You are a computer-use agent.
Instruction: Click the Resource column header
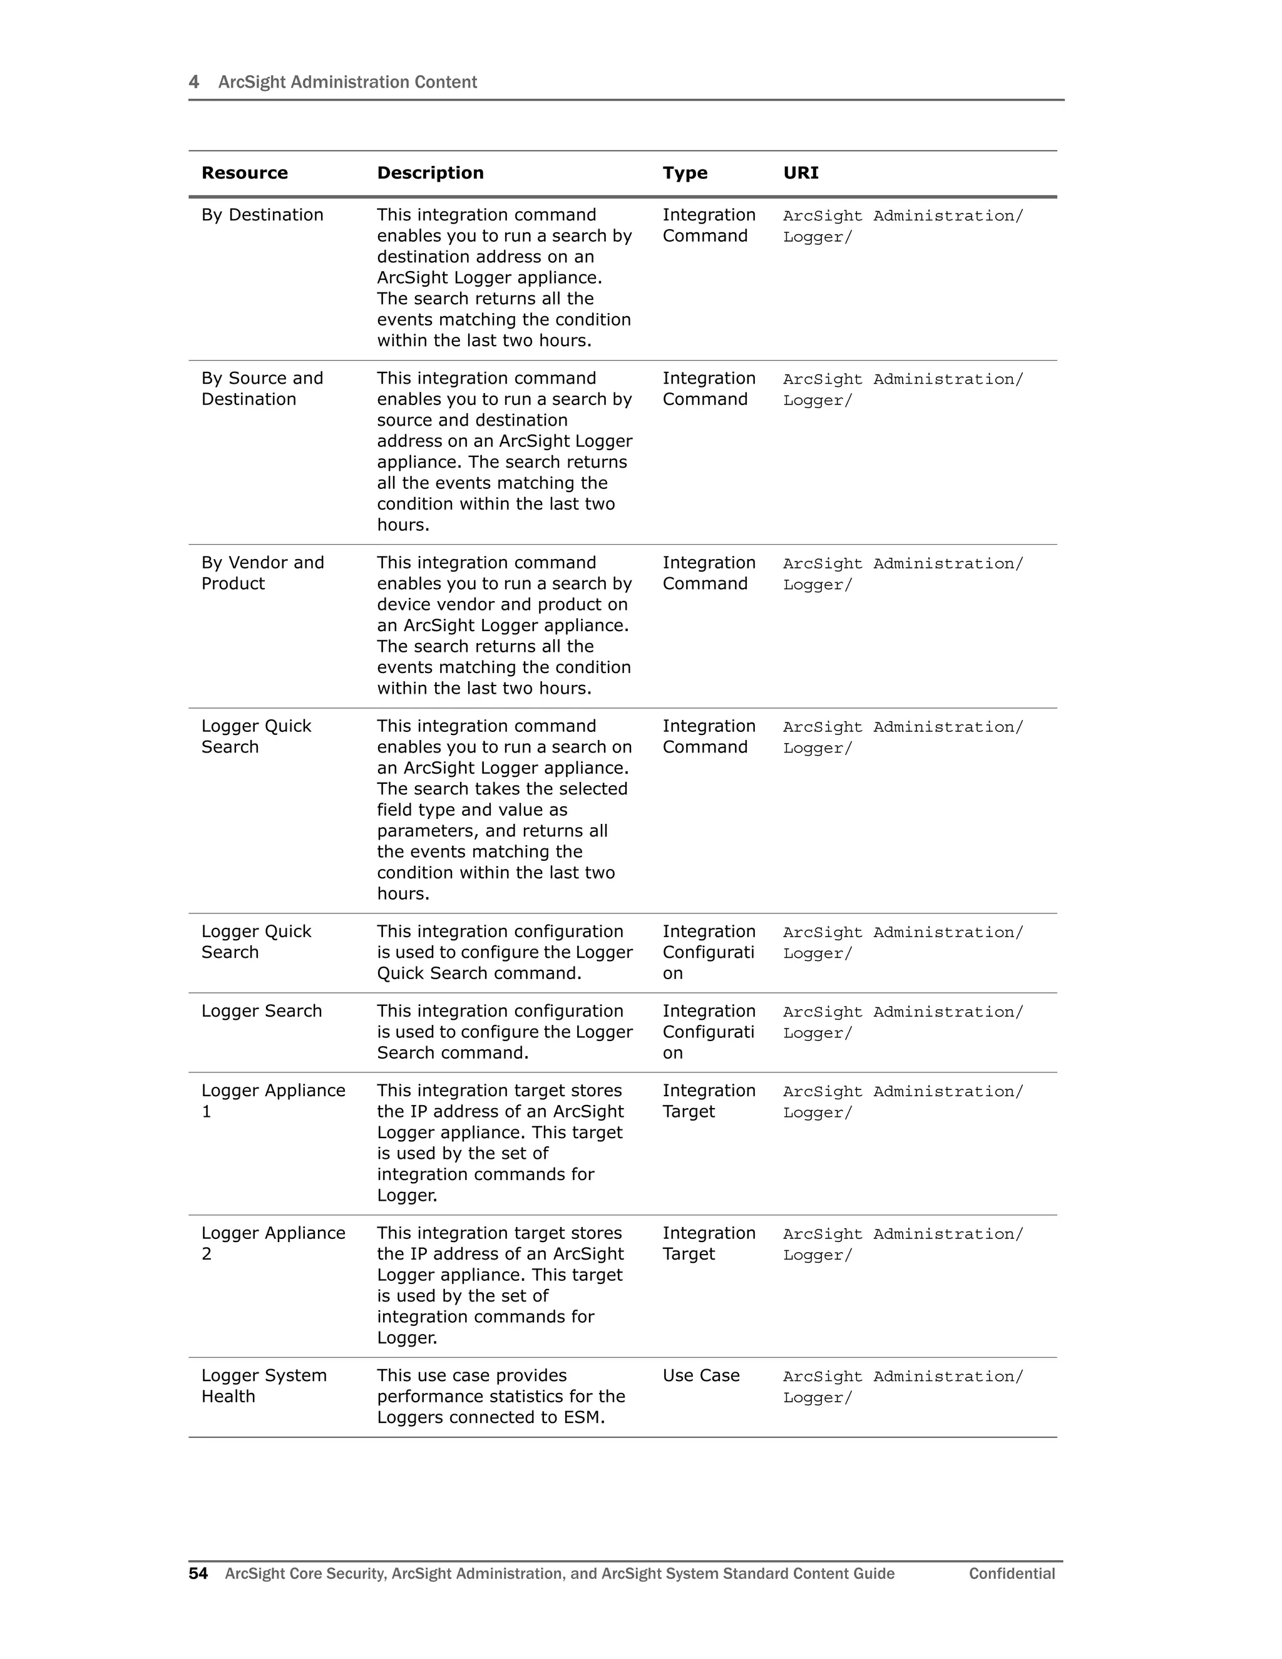click(x=245, y=173)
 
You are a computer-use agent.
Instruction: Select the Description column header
click(x=430, y=173)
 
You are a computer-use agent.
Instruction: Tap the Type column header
click(x=684, y=173)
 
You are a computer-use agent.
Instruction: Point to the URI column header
click(x=801, y=173)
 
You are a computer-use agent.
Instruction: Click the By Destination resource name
click(x=262, y=215)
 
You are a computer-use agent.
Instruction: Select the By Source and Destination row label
click(x=262, y=389)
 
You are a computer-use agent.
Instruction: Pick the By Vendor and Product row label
click(x=262, y=573)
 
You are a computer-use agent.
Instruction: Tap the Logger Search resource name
click(x=261, y=1011)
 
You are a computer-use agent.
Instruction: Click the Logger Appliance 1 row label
click(x=273, y=1101)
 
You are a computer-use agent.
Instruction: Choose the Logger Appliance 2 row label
click(x=273, y=1243)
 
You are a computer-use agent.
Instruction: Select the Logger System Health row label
click(x=264, y=1385)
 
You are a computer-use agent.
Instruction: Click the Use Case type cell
click(x=700, y=1375)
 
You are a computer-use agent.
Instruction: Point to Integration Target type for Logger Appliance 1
click(x=708, y=1101)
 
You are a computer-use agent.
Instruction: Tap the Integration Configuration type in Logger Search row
click(x=708, y=1032)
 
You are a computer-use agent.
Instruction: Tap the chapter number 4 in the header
click(x=193, y=82)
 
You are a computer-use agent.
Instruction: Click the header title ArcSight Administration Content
click(x=347, y=82)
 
